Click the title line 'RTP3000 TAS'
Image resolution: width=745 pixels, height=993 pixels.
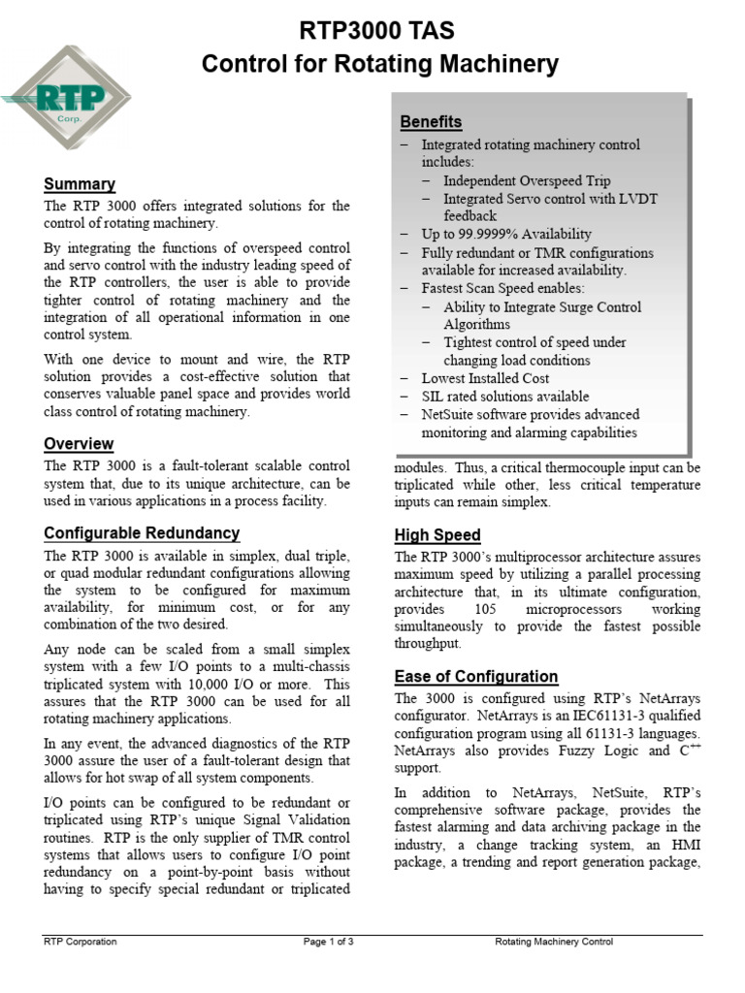tap(379, 31)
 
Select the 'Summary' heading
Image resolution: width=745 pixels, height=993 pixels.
tap(80, 184)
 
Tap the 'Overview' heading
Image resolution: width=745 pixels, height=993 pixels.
tap(79, 444)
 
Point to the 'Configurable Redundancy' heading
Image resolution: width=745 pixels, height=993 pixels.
tap(142, 533)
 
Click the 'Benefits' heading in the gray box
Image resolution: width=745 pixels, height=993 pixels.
tap(431, 122)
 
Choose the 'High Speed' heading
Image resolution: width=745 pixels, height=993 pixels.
tap(437, 535)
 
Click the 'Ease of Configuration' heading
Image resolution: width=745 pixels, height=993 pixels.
tap(476, 676)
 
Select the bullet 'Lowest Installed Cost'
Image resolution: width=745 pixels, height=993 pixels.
tap(485, 378)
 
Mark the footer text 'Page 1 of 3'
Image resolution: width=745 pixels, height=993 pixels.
tap(328, 942)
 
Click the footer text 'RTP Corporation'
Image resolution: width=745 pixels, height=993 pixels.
tap(81, 942)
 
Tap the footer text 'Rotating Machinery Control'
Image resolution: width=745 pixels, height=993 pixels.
tap(554, 942)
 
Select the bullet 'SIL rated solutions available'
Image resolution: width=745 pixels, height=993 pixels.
tap(504, 396)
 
